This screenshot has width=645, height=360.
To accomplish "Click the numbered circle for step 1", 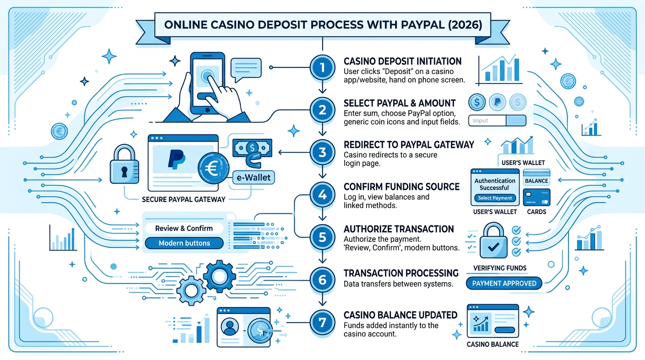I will pyautogui.click(x=322, y=68).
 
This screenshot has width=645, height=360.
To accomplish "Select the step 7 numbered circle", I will pyautogui.click(x=322, y=322).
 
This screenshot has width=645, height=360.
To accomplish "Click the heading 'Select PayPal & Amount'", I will pyautogui.click(x=399, y=103).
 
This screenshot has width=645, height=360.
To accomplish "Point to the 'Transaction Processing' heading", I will pyautogui.click(x=401, y=273).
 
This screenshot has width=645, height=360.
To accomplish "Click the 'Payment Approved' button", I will pyautogui.click(x=504, y=283).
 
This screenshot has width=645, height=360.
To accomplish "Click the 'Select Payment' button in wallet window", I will pyautogui.click(x=495, y=198).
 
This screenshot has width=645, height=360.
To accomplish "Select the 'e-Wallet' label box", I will pyautogui.click(x=253, y=178).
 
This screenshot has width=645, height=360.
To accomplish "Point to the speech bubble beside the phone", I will pyautogui.click(x=246, y=68).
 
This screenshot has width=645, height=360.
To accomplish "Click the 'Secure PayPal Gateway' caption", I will pyautogui.click(x=183, y=199).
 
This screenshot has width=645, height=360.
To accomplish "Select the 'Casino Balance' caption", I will pyautogui.click(x=493, y=344).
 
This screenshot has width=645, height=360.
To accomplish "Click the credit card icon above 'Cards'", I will pyautogui.click(x=536, y=196).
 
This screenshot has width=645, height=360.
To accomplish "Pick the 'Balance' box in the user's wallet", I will pyautogui.click(x=536, y=180).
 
